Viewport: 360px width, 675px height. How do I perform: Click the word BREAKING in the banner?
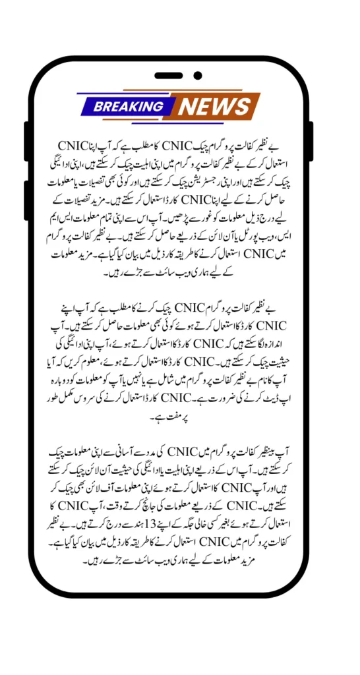pyautogui.click(x=129, y=106)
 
